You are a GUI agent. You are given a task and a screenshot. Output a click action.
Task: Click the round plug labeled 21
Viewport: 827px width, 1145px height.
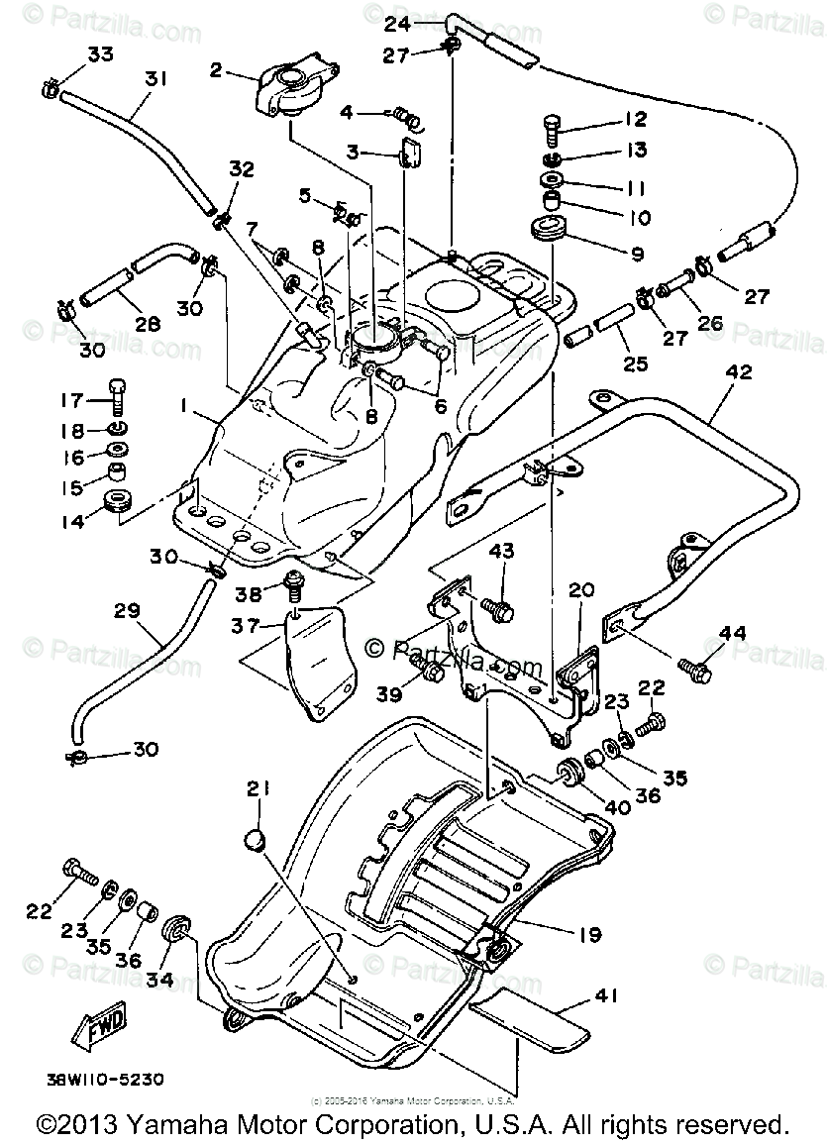pos(257,841)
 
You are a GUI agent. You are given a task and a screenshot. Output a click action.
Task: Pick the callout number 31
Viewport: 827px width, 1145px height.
pos(154,78)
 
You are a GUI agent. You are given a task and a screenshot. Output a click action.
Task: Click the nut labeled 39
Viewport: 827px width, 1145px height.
pos(431,674)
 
